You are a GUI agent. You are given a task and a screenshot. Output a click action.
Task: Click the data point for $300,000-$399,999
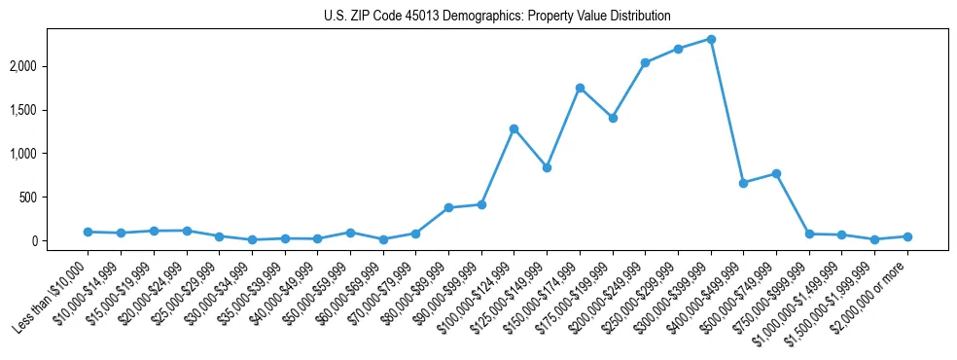coord(711,39)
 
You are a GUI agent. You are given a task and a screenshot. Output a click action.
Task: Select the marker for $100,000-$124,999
coord(514,128)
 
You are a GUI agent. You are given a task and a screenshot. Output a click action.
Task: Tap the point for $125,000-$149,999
coord(548,167)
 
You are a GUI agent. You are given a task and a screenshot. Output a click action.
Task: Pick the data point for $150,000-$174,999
coord(580,88)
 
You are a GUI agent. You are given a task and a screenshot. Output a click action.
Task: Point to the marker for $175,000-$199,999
coord(613,118)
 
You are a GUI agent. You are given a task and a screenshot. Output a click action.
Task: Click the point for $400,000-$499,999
coord(744,183)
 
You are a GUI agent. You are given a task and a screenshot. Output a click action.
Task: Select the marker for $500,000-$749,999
coord(776,173)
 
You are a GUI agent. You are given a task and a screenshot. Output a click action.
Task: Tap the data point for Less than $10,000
coord(89,232)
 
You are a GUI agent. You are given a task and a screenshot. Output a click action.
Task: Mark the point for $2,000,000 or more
coord(907,236)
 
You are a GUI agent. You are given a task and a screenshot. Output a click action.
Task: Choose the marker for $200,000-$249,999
coord(646,62)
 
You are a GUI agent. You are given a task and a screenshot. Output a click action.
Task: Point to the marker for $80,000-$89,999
coord(448,207)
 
